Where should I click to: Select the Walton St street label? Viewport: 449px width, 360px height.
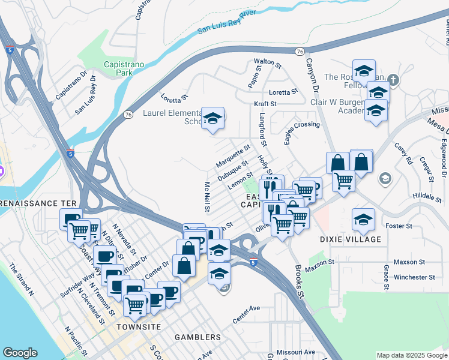[268, 62]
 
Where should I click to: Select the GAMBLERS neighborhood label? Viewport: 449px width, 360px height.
[197, 337]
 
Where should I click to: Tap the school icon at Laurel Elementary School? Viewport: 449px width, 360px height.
[212, 118]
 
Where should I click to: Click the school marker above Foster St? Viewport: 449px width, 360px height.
[364, 219]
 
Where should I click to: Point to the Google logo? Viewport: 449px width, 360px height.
[20, 353]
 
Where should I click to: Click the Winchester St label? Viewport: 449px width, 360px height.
[410, 277]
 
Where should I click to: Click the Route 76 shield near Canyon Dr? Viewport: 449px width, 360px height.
[300, 52]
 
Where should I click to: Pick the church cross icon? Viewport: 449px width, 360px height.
[393, 80]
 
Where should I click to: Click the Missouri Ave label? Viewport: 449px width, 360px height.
[296, 352]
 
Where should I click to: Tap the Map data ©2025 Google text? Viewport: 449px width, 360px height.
[412, 355]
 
